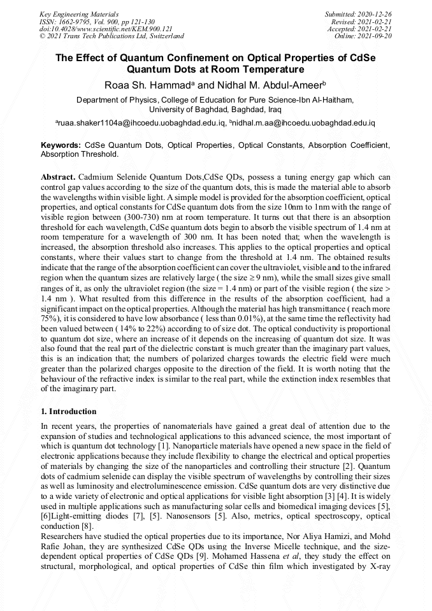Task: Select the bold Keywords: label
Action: pyautogui.click(x=61, y=145)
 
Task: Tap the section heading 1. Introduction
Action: pyautogui.click(x=69, y=411)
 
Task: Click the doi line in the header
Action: pyautogui.click(x=106, y=29)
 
